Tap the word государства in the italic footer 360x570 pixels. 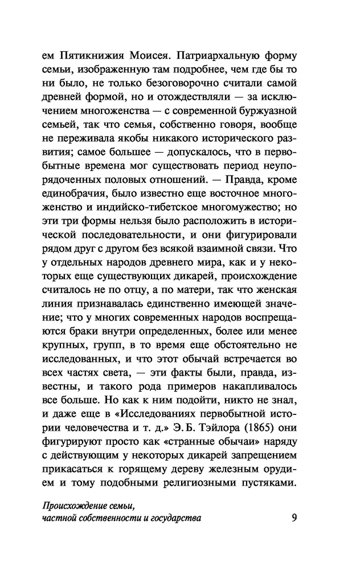(177, 518)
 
